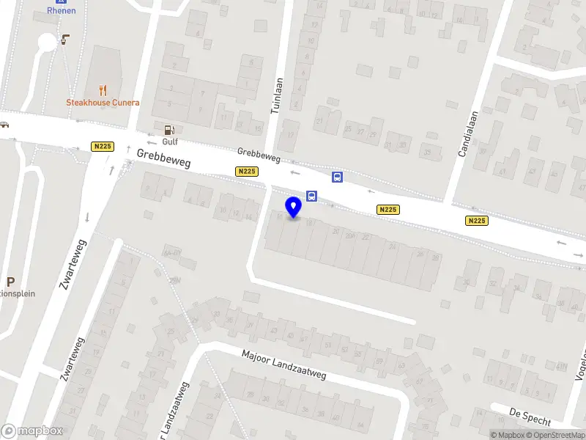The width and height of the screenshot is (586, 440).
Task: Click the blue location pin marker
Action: click(294, 207)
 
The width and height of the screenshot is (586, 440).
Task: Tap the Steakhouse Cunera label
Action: click(103, 103)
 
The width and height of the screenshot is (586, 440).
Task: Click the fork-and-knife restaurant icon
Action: click(103, 91)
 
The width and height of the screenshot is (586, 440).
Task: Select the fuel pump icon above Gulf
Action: click(170, 131)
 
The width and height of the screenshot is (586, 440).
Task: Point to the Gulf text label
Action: click(170, 142)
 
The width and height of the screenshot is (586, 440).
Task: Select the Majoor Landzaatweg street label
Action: click(284, 364)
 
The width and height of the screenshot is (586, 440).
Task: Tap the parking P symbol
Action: click(10, 282)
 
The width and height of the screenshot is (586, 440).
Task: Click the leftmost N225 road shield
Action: click(103, 147)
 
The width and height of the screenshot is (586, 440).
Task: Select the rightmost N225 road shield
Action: click(476, 220)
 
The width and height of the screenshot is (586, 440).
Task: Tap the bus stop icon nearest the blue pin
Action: click(312, 196)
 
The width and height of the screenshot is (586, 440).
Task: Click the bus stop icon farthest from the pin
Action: click(337, 177)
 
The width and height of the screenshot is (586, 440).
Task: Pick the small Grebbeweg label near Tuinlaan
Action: click(259, 155)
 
